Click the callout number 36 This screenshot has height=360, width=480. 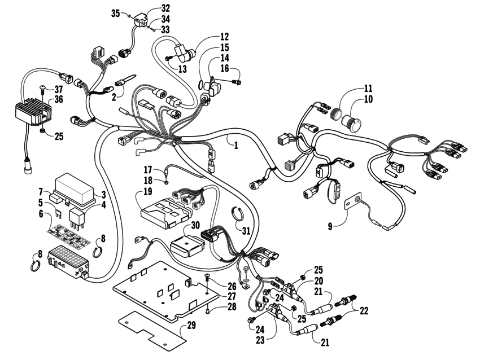pos(58,100)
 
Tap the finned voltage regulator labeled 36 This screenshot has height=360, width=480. pos(31,113)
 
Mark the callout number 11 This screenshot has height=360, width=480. pos(368,89)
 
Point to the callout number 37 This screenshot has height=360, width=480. pos(58,89)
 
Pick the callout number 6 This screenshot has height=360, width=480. pos(41,214)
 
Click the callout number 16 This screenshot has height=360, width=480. pos(225,69)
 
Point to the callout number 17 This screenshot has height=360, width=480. pos(148,168)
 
